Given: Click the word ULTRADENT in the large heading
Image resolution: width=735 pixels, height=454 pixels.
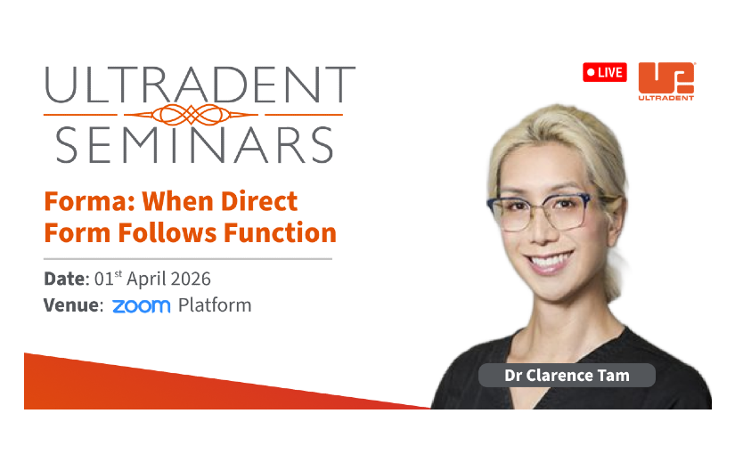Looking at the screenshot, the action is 200,85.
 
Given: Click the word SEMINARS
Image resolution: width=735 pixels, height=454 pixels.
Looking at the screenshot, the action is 194,145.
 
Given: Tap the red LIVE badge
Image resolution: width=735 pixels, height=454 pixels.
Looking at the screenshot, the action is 605,72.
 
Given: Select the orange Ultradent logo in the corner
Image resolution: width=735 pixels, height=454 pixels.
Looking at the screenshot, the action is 666,81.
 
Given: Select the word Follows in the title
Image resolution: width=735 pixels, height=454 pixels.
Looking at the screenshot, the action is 167,233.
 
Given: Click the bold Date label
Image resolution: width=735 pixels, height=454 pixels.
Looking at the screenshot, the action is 66,279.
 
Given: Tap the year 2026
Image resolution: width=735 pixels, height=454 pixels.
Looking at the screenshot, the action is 190,279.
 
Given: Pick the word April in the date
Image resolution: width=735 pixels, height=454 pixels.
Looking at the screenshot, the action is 145,280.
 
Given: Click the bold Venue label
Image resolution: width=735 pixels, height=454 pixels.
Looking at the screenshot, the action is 73,305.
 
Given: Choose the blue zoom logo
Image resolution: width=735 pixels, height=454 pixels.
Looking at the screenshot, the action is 141,306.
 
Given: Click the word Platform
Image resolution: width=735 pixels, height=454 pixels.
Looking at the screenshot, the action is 215,305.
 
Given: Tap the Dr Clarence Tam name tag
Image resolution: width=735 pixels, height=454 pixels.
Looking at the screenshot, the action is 567,376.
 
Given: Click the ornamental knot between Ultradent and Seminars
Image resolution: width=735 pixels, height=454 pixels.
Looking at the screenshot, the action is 191,114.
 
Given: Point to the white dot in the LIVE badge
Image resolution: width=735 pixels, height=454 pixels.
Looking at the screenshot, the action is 591,72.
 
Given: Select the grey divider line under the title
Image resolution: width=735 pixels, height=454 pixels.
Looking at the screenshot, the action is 188,259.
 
